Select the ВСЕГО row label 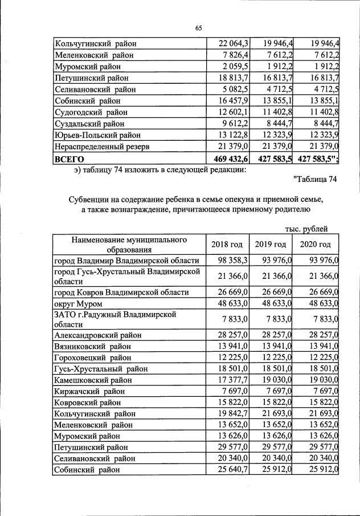tap(69, 159)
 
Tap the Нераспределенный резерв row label tap(102, 147)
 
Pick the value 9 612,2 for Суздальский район tap(235, 123)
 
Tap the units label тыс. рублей tap(306, 229)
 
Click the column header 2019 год tap(270, 245)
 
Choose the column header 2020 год tap(315, 245)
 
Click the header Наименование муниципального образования tap(129, 244)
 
